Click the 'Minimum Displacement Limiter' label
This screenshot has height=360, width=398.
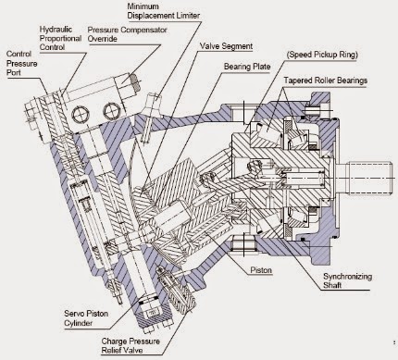click(164, 11)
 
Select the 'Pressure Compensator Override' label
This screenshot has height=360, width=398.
click(127, 34)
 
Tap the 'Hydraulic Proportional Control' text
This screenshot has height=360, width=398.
click(60, 38)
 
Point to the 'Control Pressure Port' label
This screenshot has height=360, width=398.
click(22, 63)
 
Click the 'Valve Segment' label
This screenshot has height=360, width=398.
click(226, 46)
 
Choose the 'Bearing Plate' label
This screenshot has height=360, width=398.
click(247, 67)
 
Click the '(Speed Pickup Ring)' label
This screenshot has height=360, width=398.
click(322, 55)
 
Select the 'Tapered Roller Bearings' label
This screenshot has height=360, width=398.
click(326, 81)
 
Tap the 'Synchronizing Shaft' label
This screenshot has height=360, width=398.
click(347, 280)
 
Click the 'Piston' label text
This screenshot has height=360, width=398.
click(261, 270)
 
